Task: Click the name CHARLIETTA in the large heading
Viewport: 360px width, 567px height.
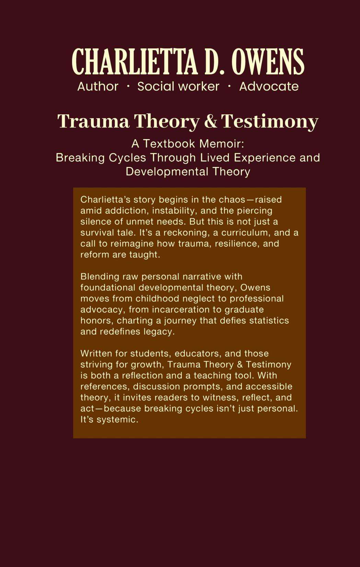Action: (x=135, y=62)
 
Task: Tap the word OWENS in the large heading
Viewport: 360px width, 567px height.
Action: (x=268, y=62)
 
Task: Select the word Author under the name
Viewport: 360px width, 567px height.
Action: (x=98, y=87)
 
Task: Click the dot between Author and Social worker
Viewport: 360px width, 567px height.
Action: (x=128, y=87)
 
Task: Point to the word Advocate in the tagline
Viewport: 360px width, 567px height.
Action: (x=269, y=87)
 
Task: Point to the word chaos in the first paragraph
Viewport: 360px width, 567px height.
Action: (x=232, y=200)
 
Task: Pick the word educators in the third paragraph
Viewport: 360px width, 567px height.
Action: (x=197, y=353)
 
